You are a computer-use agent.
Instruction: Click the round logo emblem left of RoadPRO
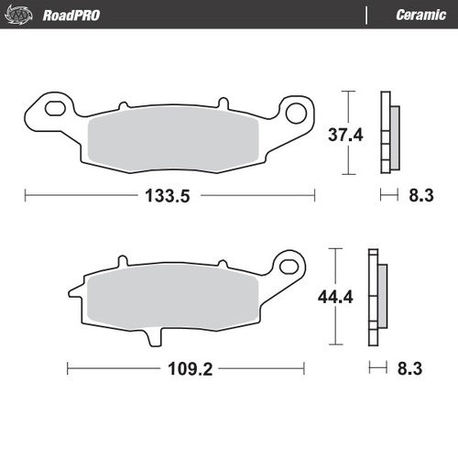pyautogui.click(x=22, y=15)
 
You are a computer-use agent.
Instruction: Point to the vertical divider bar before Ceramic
pyautogui.click(x=365, y=15)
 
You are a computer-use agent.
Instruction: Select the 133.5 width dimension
pyautogui.click(x=169, y=195)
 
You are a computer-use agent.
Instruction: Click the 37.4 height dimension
pyautogui.click(x=346, y=135)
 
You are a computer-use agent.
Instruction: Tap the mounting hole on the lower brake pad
pyautogui.click(x=290, y=268)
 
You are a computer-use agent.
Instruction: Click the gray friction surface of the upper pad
pyautogui.click(x=174, y=135)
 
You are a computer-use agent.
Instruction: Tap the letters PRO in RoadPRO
pyautogui.click(x=88, y=15)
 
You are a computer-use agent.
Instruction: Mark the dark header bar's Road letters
pyautogui.click(x=59, y=15)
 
